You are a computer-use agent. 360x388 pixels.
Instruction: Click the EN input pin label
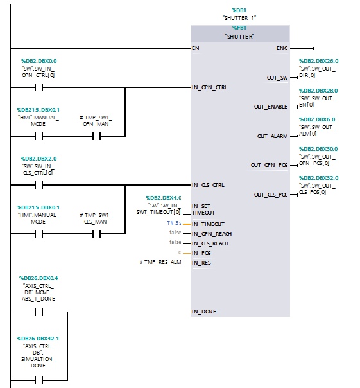click(x=195, y=48)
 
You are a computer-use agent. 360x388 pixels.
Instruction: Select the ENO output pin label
click(x=282, y=48)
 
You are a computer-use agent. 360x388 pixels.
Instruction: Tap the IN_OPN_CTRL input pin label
click(x=210, y=87)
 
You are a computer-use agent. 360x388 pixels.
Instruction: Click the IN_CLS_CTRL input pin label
click(x=208, y=185)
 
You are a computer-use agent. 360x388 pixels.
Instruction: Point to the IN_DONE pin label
click(x=204, y=312)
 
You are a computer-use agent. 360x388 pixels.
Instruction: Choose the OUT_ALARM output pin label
click(x=272, y=136)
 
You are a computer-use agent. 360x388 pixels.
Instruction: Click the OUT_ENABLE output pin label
click(x=271, y=107)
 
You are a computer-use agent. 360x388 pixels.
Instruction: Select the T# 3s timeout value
click(x=174, y=223)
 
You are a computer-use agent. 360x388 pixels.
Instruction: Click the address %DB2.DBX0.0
click(x=39, y=61)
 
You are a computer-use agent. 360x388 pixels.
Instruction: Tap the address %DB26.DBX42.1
click(x=38, y=339)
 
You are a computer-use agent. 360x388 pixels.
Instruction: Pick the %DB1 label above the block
click(x=239, y=10)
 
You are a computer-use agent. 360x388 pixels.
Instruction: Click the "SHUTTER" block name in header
click(x=239, y=37)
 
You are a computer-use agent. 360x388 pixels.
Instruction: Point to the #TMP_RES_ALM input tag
click(x=160, y=262)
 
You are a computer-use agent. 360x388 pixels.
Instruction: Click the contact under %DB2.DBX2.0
click(x=39, y=185)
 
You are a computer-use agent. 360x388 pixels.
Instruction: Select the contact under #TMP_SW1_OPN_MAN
click(x=97, y=136)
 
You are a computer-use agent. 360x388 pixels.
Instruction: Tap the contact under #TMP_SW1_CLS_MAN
click(x=97, y=234)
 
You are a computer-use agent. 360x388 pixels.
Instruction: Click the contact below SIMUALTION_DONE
click(x=39, y=380)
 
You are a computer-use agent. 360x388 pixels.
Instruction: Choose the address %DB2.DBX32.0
click(x=318, y=178)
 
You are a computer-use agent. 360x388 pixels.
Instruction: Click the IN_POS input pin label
click(x=201, y=253)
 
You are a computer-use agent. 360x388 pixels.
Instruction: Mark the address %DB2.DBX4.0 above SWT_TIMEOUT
click(x=163, y=198)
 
